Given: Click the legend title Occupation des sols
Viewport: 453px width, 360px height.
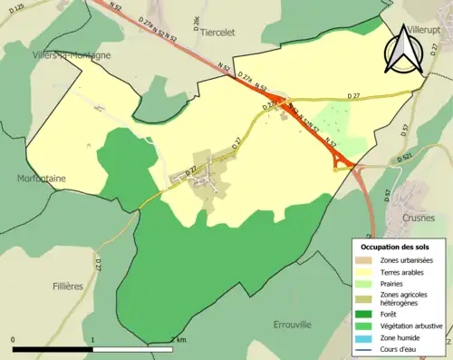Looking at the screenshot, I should point(401,247).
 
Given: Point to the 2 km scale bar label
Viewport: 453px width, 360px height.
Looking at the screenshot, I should point(181,340).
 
